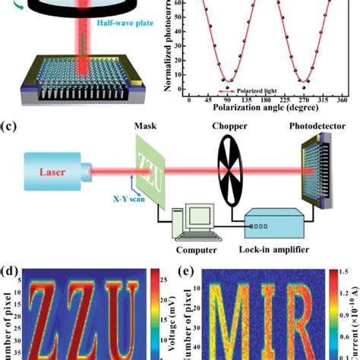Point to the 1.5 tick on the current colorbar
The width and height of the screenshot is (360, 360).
pyautogui.click(x=346, y=282)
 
